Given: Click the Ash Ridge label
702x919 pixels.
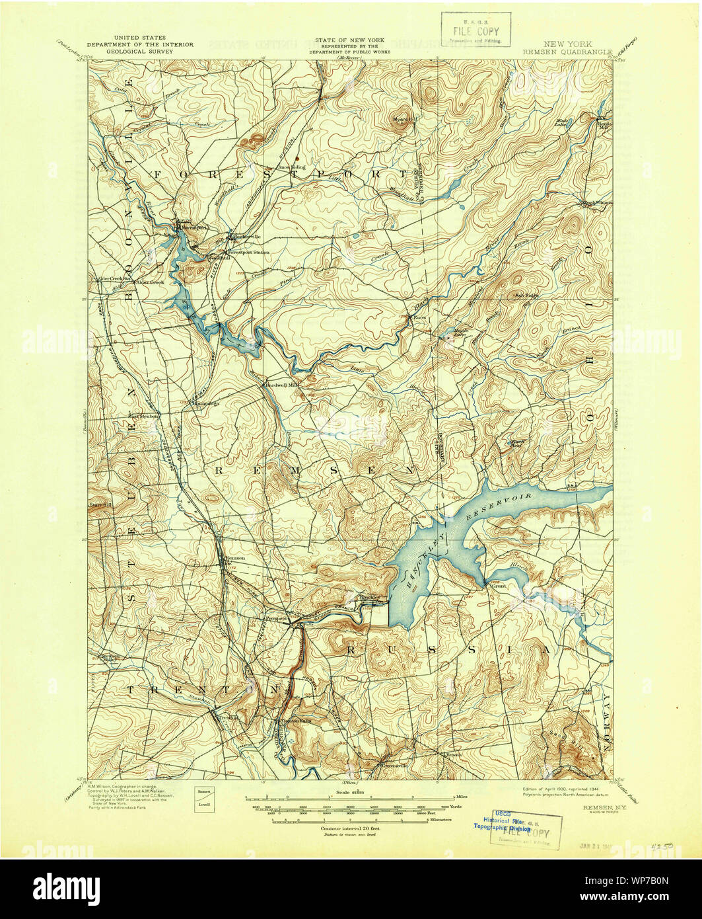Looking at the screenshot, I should coord(526,296).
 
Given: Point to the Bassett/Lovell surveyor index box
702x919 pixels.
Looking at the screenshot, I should coord(204,799).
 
